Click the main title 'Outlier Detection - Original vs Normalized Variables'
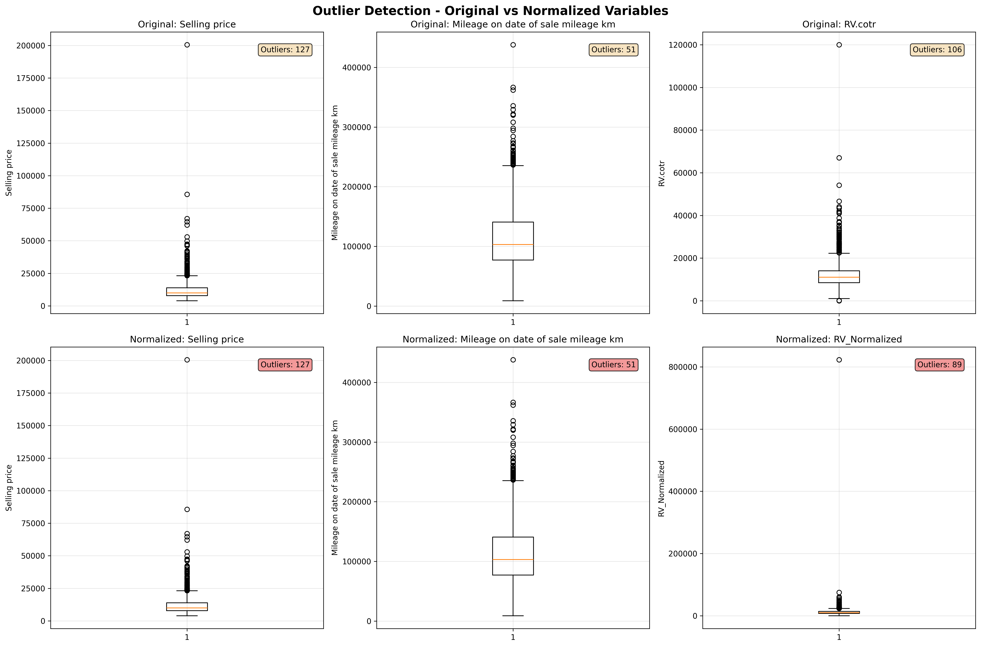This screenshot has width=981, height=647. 490,11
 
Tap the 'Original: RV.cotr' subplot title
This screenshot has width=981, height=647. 839,24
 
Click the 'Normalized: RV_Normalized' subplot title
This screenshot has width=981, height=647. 839,339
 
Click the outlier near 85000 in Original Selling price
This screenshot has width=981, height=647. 187,194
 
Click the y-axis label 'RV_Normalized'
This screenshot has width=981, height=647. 662,488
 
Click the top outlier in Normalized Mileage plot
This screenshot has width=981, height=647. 513,360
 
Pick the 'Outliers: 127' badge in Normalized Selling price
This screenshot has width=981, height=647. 285,365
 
